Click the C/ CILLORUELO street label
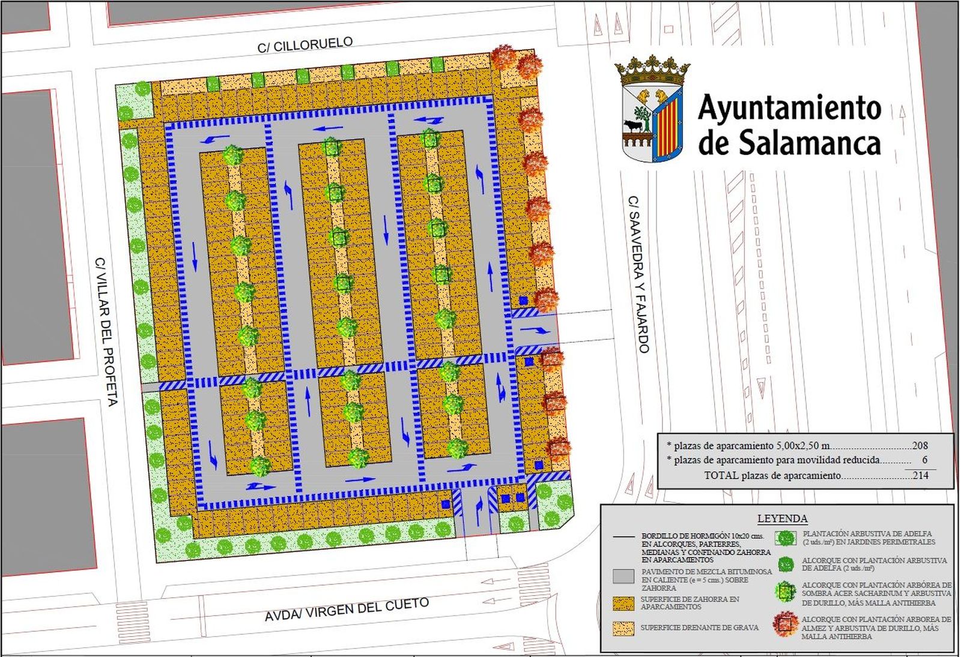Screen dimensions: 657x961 [305, 44]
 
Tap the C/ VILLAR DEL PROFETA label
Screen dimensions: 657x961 [106, 332]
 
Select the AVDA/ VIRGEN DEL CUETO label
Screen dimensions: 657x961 [347, 610]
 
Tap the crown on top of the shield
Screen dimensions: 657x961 [652, 70]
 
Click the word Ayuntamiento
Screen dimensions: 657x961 [789, 108]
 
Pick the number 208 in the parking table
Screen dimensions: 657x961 [920, 446]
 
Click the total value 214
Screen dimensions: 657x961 [920, 475]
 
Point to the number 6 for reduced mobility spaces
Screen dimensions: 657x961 [925, 460]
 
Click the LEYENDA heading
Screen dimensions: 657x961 [782, 518]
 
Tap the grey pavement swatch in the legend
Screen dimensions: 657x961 [623, 576]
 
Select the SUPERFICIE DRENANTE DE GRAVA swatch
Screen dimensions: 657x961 [623, 628]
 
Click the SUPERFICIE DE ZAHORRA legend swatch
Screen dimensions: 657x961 [623, 603]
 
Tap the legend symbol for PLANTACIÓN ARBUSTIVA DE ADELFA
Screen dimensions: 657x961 [785, 538]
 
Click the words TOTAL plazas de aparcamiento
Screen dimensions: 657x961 [772, 475]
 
